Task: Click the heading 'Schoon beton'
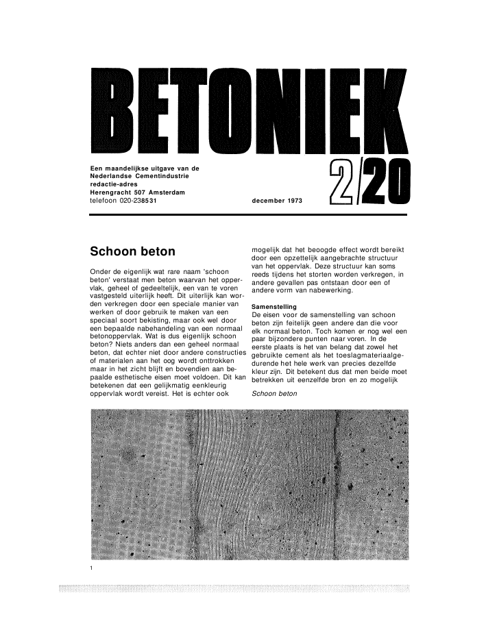pos(133,251)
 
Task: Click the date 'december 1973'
pos(276,201)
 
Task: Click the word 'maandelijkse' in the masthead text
pos(136,168)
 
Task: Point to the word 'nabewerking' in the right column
pos(332,290)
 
